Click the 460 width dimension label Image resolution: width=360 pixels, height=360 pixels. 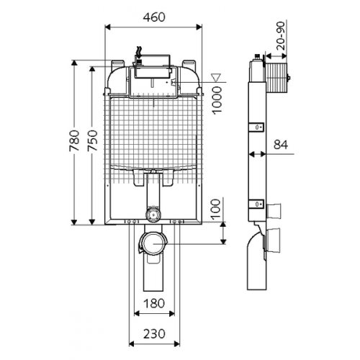[154, 17]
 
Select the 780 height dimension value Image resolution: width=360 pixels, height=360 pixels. [74, 140]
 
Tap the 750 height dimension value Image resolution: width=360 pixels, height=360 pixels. [93, 140]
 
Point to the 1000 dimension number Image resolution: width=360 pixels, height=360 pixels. [217, 101]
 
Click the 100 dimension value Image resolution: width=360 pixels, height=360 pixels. [216, 208]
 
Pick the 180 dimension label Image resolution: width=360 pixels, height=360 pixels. [154, 303]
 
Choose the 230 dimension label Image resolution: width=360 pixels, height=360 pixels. [154, 334]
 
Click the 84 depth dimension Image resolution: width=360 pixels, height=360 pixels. [281, 145]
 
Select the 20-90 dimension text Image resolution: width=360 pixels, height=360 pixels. [282, 36]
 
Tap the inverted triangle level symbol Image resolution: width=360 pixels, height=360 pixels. [215, 78]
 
